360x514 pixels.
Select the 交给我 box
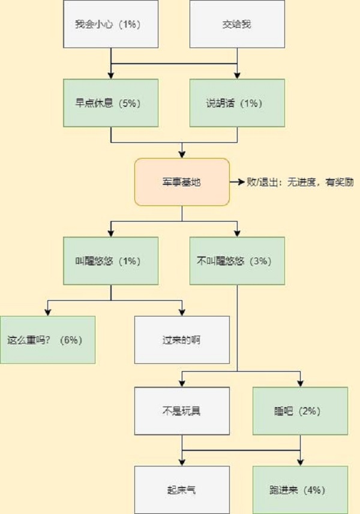[x=237, y=25]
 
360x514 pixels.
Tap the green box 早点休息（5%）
[x=111, y=103]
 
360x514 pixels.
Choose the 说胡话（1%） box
[x=237, y=103]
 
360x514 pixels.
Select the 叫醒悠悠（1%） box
[x=111, y=261]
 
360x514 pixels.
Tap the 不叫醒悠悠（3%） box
[x=237, y=261]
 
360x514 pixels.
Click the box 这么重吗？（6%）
[x=47, y=339]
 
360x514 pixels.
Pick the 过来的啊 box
[x=182, y=339]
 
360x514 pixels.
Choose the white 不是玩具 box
[x=182, y=411]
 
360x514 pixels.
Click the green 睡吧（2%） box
[x=300, y=411]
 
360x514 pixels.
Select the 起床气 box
[x=182, y=489]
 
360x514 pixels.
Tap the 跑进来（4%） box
[x=300, y=489]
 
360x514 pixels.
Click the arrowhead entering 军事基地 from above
[x=182, y=154]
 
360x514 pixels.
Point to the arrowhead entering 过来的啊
[x=182, y=312]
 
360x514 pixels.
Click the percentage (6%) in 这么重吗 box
[x=71, y=339]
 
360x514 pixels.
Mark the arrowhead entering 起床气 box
[x=182, y=462]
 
